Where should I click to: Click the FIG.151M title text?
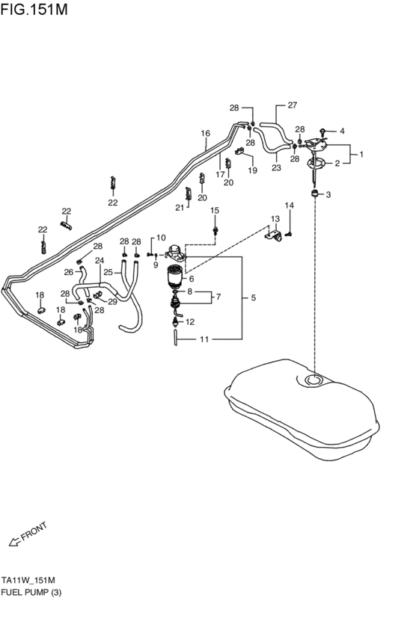click(34, 9)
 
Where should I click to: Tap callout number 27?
click(293, 105)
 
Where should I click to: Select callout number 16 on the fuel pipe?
click(206, 133)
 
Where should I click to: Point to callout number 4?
click(342, 131)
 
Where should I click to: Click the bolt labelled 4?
click(323, 131)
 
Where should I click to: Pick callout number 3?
click(328, 195)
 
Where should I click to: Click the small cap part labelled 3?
click(314, 193)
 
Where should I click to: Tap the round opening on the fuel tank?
click(314, 380)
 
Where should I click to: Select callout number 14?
click(289, 206)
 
